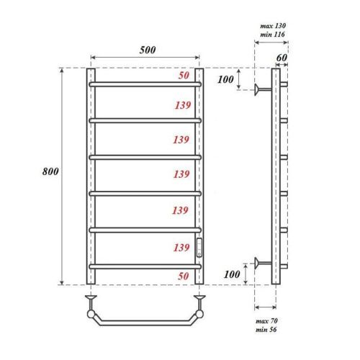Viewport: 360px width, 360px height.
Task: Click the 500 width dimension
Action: pos(146,50)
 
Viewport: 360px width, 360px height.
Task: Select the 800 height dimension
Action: pos(50,172)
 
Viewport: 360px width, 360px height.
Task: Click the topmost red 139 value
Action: pos(181,105)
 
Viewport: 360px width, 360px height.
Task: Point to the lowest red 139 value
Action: pos(181,248)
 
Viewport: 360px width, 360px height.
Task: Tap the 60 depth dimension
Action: pos(282,58)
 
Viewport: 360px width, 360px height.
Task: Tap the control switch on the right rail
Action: pos(200,247)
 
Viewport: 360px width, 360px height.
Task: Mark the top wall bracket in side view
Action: pos(261,89)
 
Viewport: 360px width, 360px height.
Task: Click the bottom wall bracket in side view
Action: pos(261,264)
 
